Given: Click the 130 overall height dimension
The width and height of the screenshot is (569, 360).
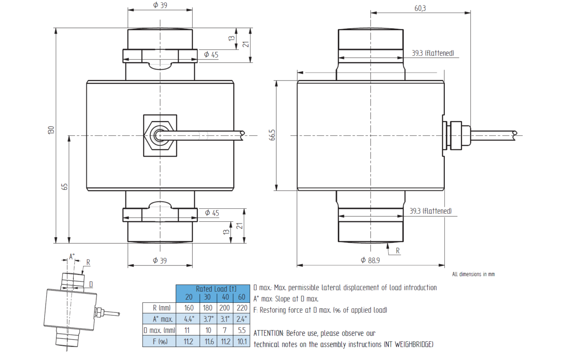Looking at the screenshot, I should point(51,130).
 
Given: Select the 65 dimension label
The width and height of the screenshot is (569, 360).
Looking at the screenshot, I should point(64,186).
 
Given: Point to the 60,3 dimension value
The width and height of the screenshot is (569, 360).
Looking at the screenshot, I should point(421,8).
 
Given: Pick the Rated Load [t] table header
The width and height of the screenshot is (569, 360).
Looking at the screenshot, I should point(212,288).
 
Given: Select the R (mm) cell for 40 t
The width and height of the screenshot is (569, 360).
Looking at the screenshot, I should point(225,308).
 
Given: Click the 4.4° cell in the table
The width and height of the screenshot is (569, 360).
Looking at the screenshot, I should point(189,319).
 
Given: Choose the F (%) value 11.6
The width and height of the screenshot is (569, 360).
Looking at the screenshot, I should point(207,342).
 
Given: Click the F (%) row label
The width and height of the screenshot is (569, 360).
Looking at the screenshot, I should point(158,342).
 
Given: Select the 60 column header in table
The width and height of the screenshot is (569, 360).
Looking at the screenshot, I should point(241,297).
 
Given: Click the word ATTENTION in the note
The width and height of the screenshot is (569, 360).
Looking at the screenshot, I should point(269,333).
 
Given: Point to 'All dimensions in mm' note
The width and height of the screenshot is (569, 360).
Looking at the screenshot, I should point(473,274).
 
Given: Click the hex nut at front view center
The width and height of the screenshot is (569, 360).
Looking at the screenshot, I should point(160,135).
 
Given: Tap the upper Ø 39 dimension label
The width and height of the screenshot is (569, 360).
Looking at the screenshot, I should point(160,5).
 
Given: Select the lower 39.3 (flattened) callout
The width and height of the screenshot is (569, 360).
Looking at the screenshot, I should point(430,211).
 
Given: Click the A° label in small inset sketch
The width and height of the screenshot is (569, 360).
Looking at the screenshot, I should point(72,257).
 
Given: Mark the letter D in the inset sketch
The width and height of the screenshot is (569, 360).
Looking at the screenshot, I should point(90,284).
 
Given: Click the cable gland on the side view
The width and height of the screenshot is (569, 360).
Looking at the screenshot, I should point(455,135).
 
